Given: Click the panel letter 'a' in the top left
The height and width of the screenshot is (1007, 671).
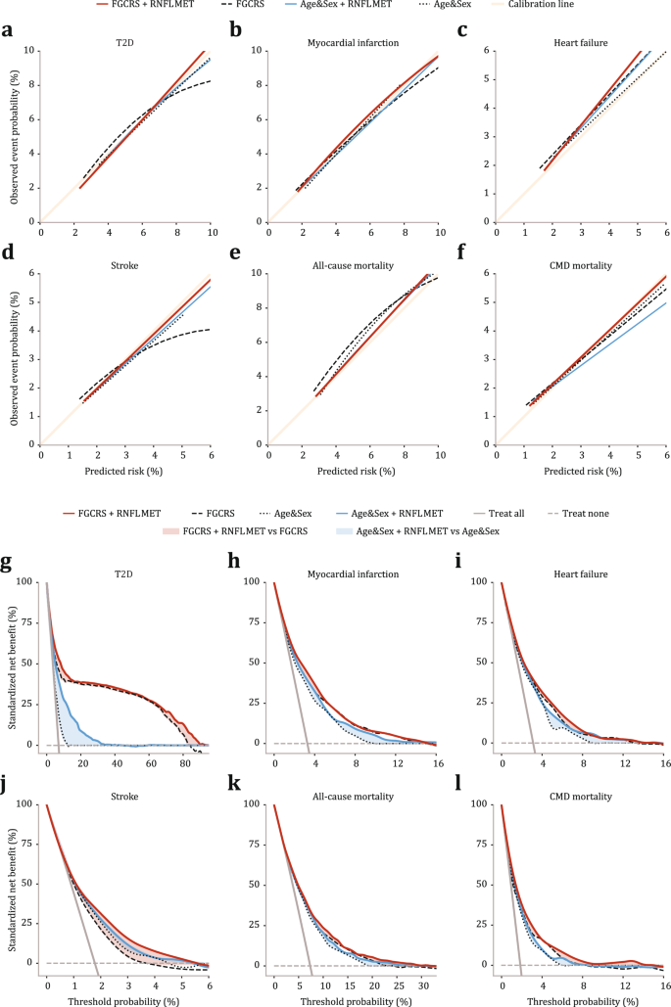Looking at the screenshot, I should pyautogui.click(x=8, y=30).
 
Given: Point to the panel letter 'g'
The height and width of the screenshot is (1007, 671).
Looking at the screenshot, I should pyautogui.click(x=8, y=564).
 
